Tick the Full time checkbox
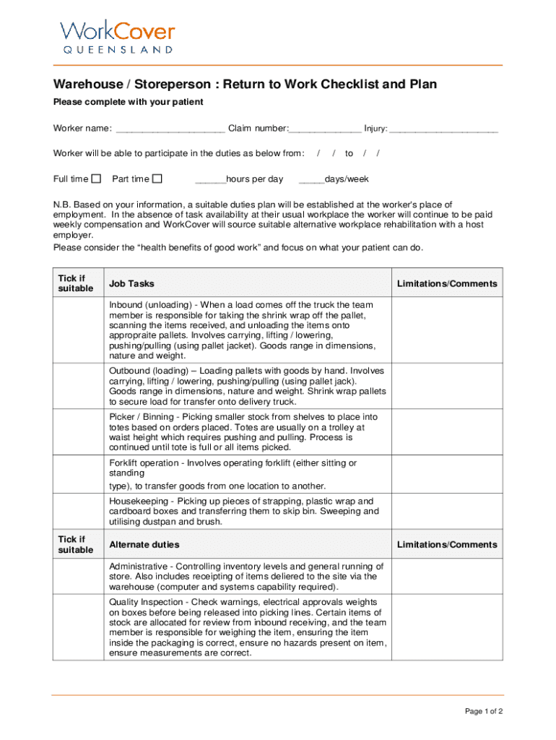pos(97,178)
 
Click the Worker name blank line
pos(170,131)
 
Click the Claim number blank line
pos(325,131)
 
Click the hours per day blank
pos(210,180)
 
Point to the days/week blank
pos(311,180)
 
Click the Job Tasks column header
pos(131,284)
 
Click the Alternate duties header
pos(144,544)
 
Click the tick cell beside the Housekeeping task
pos(78,511)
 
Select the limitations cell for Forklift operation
pos(447,474)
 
